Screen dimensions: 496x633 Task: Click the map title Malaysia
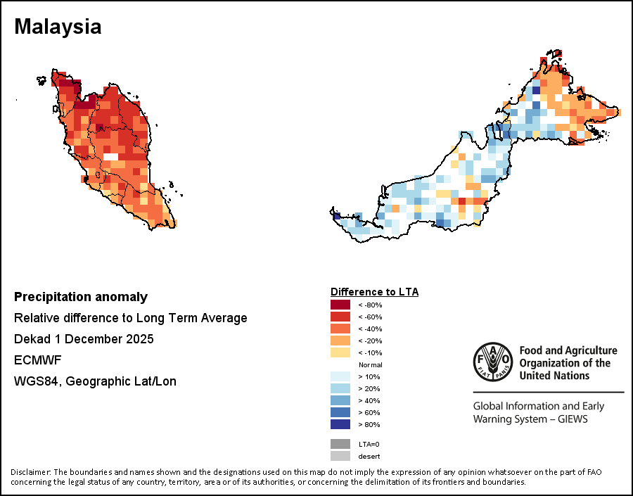(58, 27)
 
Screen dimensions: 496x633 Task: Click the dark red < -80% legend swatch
(340, 305)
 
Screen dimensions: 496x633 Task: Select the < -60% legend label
(370, 317)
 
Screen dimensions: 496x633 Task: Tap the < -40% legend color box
(340, 329)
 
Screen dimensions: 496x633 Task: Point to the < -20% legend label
(370, 341)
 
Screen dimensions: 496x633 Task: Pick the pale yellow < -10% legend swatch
(340, 352)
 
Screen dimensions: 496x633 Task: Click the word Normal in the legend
(370, 364)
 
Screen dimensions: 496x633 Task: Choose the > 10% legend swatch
(340, 376)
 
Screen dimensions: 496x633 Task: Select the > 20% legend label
(370, 388)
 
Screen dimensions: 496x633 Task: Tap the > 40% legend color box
(340, 400)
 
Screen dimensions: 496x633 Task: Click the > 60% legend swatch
(340, 412)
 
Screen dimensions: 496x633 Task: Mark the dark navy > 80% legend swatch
(340, 424)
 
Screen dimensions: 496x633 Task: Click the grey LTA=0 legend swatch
(340, 444)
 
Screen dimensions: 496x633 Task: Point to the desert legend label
(369, 456)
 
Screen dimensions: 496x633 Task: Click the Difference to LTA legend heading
(374, 291)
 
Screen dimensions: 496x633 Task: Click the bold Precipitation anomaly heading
(81, 297)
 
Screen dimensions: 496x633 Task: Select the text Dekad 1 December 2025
(84, 339)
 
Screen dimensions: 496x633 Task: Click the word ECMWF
(38, 360)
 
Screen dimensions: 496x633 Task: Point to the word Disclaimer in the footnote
(30, 471)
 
